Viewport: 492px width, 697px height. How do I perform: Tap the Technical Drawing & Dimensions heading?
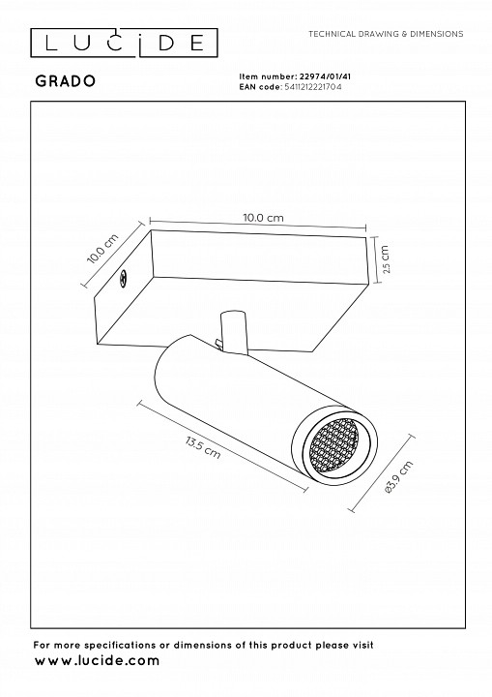pyautogui.click(x=385, y=33)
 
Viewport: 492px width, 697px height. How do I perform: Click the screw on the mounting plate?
pyautogui.click(x=123, y=280)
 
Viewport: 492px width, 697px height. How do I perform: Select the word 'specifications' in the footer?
pyautogui.click(x=111, y=644)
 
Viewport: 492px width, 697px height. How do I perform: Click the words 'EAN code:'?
pyautogui.click(x=259, y=86)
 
